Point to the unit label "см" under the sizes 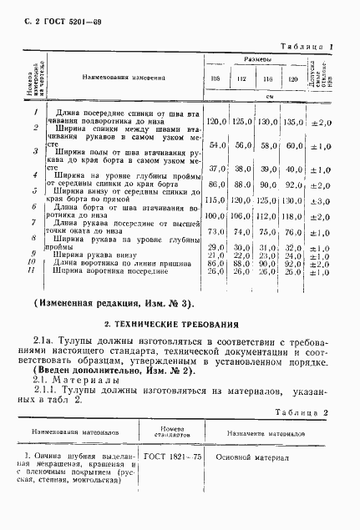tap(256, 98)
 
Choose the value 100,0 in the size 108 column tap(217, 216)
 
